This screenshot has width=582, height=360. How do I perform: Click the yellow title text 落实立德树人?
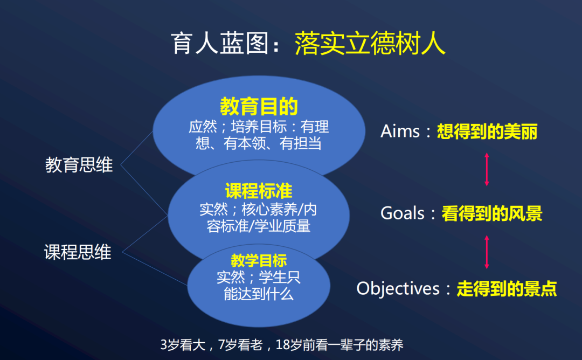point(370,44)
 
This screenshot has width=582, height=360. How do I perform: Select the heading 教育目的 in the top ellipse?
point(259,106)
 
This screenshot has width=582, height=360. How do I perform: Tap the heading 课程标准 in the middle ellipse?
point(259,191)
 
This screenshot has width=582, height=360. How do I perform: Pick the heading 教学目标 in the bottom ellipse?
point(259,261)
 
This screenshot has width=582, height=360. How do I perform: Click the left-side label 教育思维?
point(79,165)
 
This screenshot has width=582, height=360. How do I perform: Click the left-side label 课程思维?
point(78,252)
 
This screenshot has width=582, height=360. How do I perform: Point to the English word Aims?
point(400,131)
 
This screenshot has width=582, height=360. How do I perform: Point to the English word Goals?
point(403,213)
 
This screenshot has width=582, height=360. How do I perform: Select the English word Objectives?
point(398,288)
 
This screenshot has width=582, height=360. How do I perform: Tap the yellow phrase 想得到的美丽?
point(487,131)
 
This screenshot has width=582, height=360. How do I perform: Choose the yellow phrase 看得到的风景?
point(491,213)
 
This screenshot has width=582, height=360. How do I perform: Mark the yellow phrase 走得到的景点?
point(507,288)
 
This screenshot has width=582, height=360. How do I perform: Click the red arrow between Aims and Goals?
point(487,170)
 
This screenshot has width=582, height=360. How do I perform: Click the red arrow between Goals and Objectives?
point(487,251)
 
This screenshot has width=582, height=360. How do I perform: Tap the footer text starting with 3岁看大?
point(282,345)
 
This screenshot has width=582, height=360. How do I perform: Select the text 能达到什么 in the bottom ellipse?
point(259,294)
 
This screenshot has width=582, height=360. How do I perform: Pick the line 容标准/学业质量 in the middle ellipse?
point(259,226)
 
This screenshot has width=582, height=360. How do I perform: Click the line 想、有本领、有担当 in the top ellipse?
point(259,143)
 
